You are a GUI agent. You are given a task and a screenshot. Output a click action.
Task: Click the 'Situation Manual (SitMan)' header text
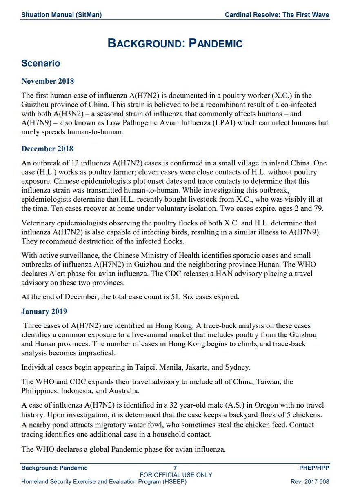pos(61,15)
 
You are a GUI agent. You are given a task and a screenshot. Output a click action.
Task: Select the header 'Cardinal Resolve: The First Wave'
pos(277,15)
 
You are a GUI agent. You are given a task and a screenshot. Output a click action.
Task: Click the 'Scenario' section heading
pos(41,63)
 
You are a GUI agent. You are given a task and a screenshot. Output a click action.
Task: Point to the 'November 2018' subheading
pos(48,81)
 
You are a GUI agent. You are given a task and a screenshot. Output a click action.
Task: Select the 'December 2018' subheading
pos(47,149)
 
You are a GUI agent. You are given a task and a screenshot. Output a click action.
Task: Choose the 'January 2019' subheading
pos(44,312)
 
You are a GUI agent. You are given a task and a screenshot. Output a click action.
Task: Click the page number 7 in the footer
pos(175,468)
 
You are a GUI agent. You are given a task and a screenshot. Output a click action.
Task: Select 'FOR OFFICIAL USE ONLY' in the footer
pos(176,475)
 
